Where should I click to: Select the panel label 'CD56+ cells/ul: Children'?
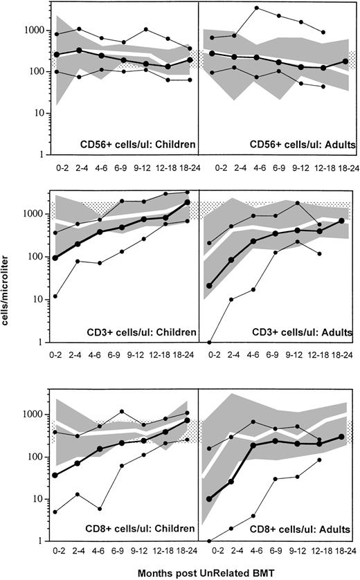138,145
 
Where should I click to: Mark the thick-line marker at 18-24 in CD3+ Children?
188,203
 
